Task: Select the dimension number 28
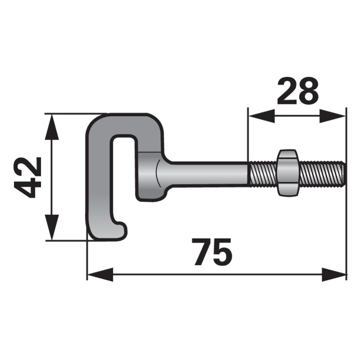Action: tap(297, 91)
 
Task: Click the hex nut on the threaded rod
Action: tap(288, 173)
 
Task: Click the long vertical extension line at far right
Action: tap(346, 202)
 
